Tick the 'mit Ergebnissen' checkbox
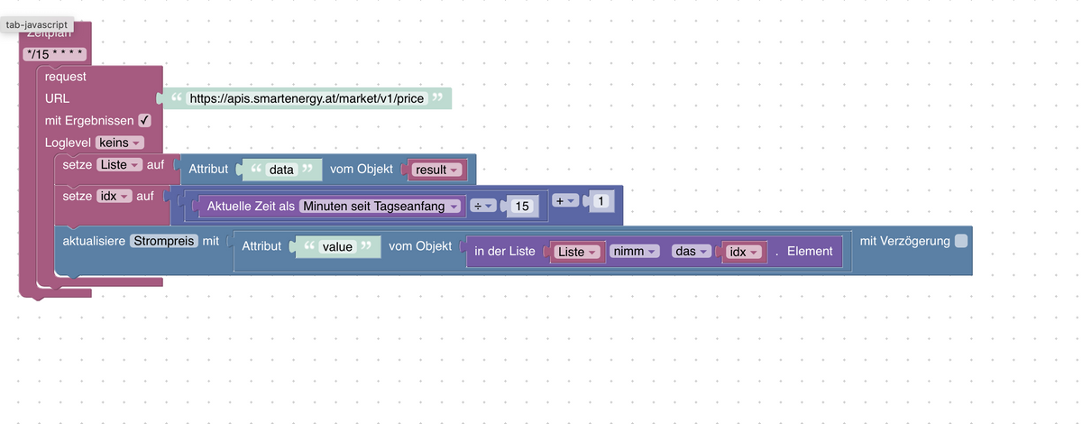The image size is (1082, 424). [144, 120]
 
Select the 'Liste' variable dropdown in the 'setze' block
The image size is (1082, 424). [120, 164]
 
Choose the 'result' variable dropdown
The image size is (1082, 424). [436, 170]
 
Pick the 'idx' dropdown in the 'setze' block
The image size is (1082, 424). [114, 196]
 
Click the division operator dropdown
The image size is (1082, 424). [484, 207]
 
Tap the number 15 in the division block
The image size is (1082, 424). [520, 207]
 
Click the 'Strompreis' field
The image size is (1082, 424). [164, 241]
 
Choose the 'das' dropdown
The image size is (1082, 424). [691, 252]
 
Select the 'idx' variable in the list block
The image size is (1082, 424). [744, 252]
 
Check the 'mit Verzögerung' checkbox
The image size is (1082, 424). [960, 241]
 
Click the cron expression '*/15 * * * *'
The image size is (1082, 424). [56, 54]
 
